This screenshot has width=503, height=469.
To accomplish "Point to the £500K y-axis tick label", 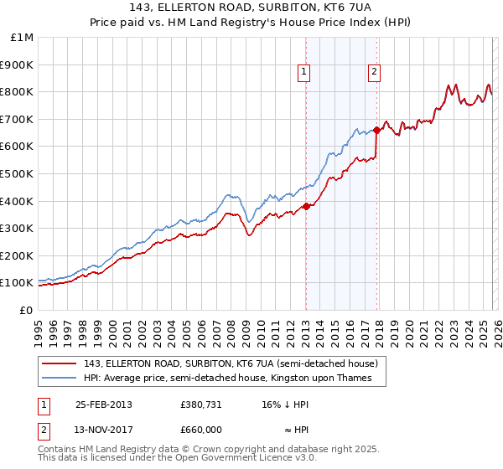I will (18, 173).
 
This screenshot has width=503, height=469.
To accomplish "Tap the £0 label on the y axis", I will (27, 310).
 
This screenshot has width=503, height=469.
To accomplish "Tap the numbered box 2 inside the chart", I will (373, 73).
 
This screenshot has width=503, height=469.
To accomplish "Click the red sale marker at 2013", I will (306, 206).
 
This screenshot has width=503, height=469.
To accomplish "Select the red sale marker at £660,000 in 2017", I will (376, 130).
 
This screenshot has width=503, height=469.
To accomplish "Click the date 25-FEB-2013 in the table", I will (103, 404).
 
